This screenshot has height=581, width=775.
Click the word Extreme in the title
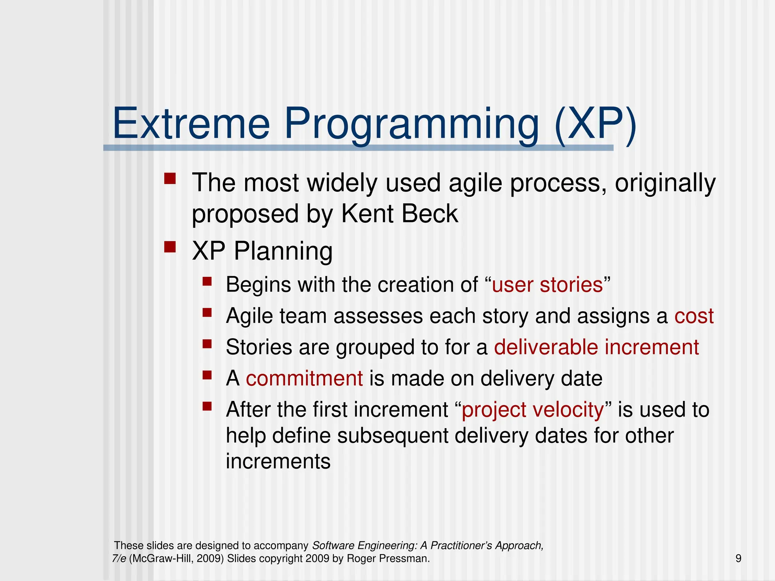pos(191,124)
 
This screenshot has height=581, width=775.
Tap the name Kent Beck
pos(399,214)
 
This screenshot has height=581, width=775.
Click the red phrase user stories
pos(547,285)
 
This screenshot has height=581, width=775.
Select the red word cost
pos(694,316)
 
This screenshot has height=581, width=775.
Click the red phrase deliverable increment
pos(596,347)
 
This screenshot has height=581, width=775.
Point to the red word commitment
pos(304,379)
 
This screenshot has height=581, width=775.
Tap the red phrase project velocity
pos(532,410)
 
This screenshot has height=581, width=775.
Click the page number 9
pos(738,558)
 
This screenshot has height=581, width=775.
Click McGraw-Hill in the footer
pos(162,558)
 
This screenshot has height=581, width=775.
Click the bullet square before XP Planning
pos(170,247)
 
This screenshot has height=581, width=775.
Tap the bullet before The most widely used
pos(170,178)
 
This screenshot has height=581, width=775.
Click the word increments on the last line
pos(278,461)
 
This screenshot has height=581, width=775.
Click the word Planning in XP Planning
pos(283,251)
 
